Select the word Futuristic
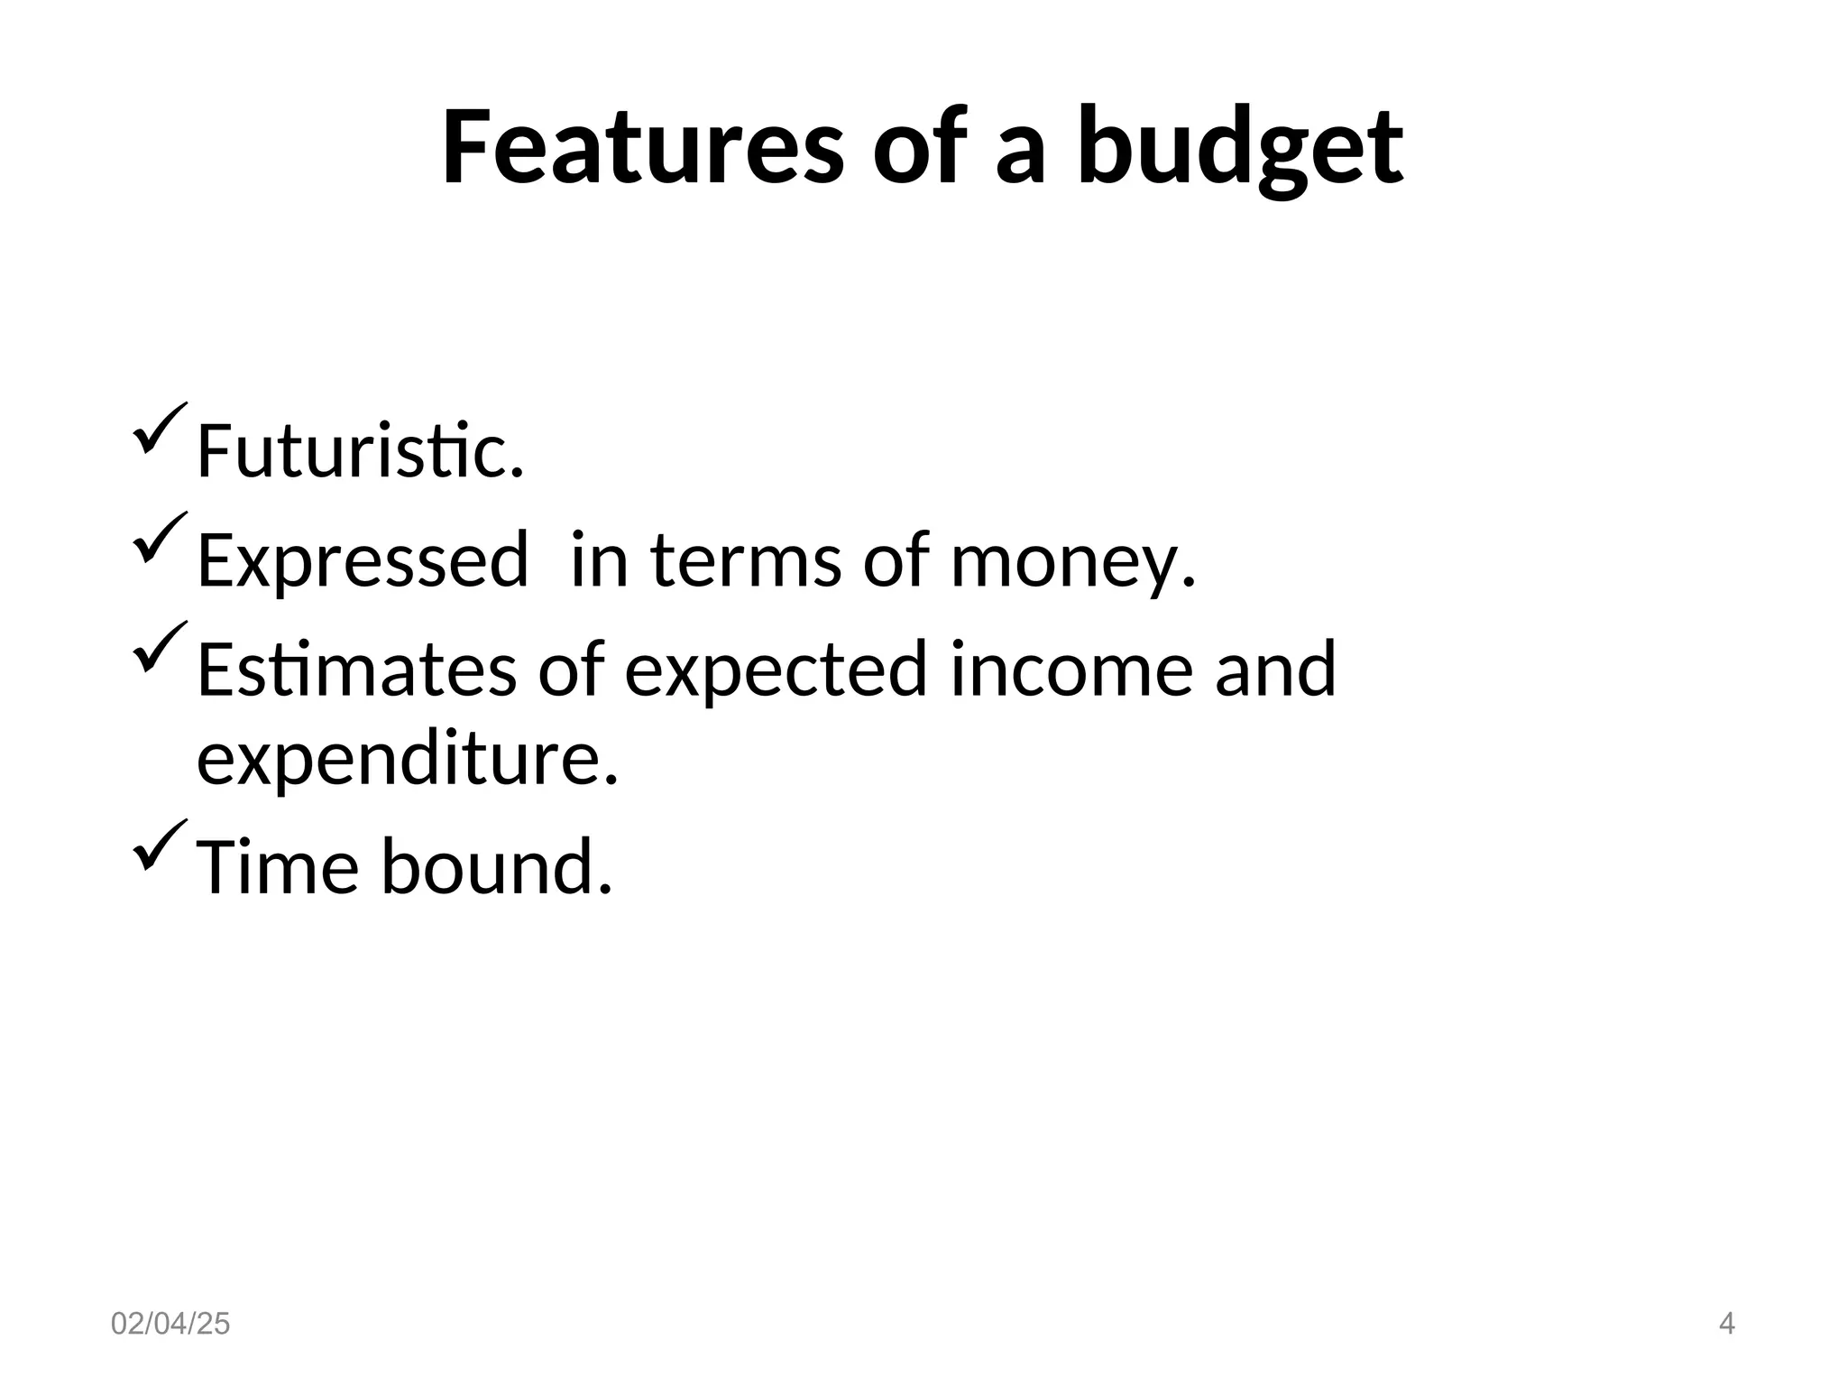point(359,450)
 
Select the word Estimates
point(357,670)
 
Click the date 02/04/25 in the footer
point(170,1325)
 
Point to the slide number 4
point(1727,1325)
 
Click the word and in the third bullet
point(1274,670)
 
